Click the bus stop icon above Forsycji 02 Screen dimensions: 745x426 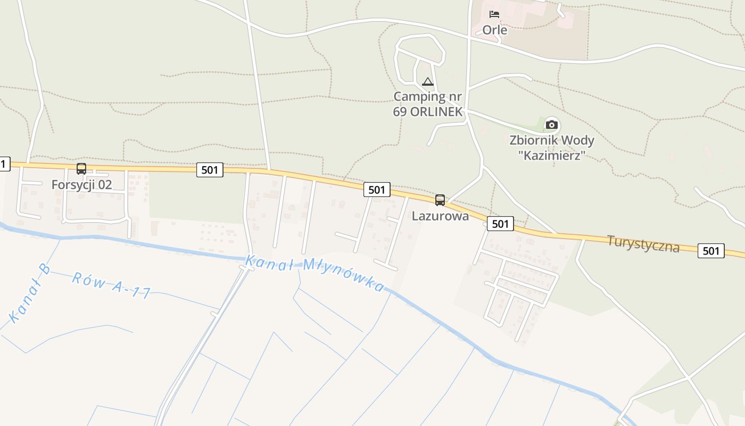(x=81, y=169)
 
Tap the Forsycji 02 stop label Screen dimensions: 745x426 (x=82, y=185)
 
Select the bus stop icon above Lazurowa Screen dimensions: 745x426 (x=440, y=200)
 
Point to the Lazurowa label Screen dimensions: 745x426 (x=440, y=216)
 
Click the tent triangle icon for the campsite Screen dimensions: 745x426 (x=427, y=82)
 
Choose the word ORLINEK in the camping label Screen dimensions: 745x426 (x=436, y=112)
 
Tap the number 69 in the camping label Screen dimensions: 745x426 (x=400, y=112)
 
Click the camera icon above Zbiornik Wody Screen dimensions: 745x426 (x=552, y=125)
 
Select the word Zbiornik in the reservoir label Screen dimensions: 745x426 (x=532, y=141)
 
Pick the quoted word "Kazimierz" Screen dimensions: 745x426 (x=554, y=155)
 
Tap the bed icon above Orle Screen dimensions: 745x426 (x=494, y=14)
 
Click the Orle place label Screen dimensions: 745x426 (x=494, y=30)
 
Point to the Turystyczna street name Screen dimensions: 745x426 (x=643, y=244)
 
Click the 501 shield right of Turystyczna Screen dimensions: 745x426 (x=711, y=251)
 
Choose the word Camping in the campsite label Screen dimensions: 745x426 (x=419, y=97)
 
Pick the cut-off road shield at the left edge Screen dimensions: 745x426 (x=4, y=165)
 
